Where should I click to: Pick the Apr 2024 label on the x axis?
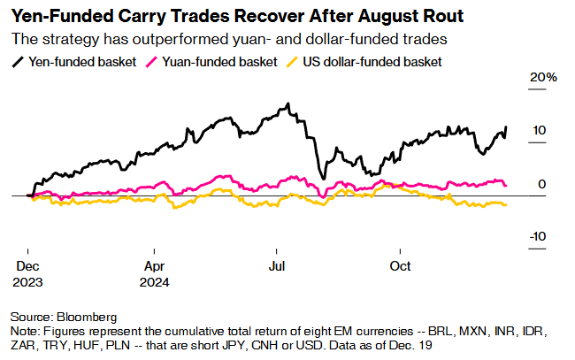coord(156,274)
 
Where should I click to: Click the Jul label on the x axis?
coord(277,266)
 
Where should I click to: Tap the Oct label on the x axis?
coord(401,266)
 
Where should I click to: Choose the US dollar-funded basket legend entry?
coord(372,62)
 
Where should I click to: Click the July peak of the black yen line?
coord(287,105)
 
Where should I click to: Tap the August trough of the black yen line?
coord(325,178)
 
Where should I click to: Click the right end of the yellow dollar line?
coord(506,205)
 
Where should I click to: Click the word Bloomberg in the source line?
coord(87,316)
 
